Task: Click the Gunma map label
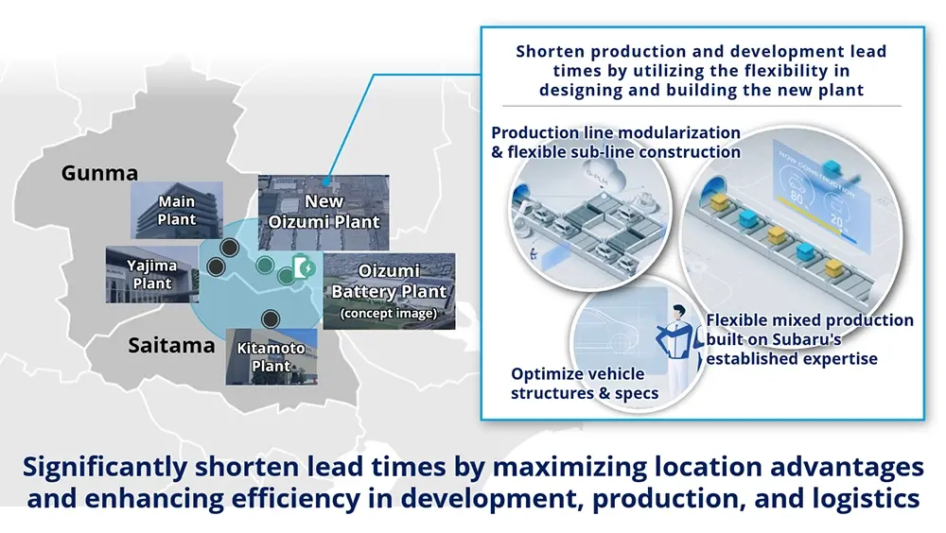(99, 173)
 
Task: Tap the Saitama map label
(171, 346)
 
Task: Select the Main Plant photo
(177, 210)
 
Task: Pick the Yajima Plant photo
(152, 274)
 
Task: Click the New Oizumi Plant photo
(324, 213)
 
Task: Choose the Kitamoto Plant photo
(272, 357)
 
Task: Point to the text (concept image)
(389, 313)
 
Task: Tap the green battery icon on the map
(304, 267)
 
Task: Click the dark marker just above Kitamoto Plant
(271, 318)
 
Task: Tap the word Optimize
(544, 374)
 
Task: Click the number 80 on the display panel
(797, 198)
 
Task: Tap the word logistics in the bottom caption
(866, 499)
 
